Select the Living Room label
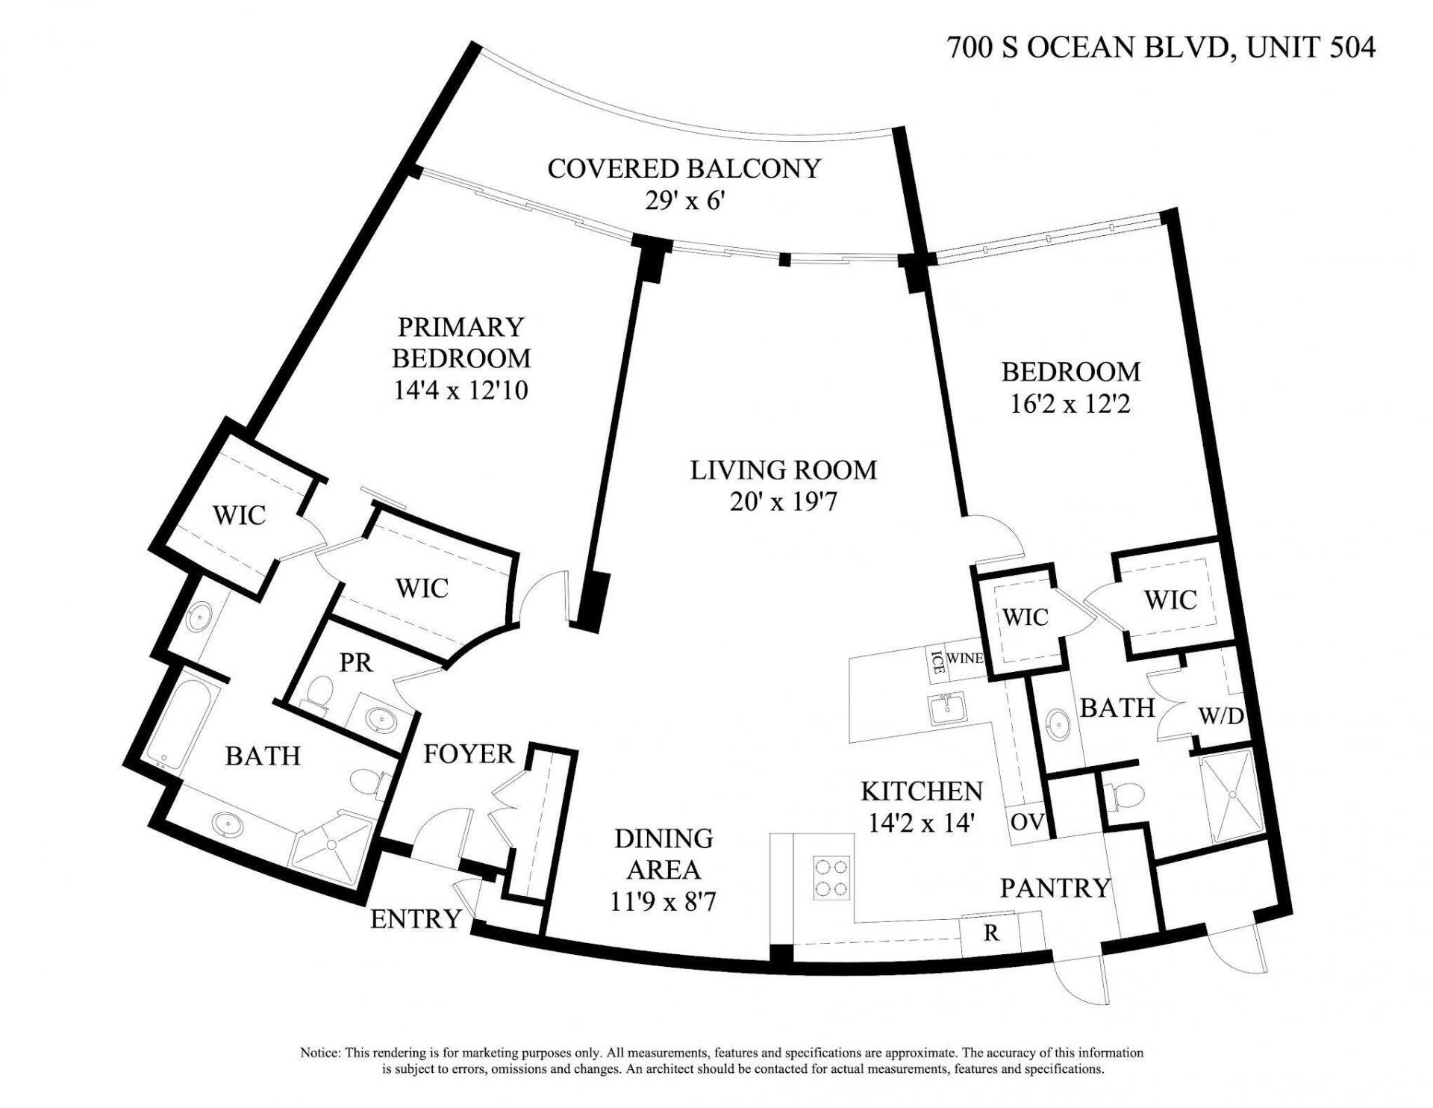tap(783, 470)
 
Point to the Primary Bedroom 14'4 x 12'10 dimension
tap(461, 390)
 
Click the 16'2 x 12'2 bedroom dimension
tap(1070, 404)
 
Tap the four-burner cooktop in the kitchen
tap(831, 878)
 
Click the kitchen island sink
tap(946, 707)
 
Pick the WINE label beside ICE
tap(964, 659)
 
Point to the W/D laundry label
tap(1221, 717)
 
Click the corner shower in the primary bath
tap(334, 844)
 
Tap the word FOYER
tap(469, 754)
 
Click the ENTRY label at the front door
tap(415, 919)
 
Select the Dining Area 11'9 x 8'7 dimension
tap(664, 902)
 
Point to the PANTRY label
tap(1055, 888)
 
